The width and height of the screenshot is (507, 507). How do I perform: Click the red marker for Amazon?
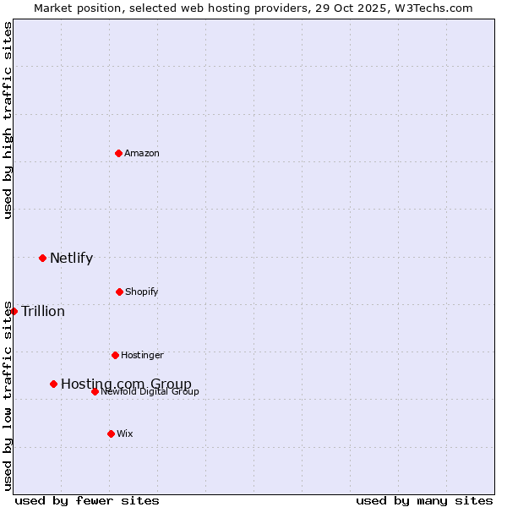pos(118,153)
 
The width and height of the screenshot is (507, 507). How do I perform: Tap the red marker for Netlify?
pos(42,258)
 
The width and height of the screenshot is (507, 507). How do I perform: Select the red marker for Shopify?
pos(119,292)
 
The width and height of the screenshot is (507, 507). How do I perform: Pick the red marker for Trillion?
pos(14,311)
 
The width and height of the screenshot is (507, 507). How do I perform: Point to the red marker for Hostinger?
pos(115,355)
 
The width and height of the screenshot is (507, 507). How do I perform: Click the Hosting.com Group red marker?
pos(53,384)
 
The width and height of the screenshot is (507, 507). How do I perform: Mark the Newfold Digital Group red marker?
pos(95,391)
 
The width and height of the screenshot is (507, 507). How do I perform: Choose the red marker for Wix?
pos(111,433)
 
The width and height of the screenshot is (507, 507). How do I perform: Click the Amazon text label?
pos(142,153)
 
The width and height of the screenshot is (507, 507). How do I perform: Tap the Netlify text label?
pos(71,258)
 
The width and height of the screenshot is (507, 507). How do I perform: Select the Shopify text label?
pos(141,292)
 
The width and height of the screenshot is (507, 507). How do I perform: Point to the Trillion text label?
pos(43,311)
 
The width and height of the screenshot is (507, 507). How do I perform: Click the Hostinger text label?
pos(142,355)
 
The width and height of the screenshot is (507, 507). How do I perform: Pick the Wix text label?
pos(125,433)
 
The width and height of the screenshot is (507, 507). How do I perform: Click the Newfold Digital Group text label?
pos(150,391)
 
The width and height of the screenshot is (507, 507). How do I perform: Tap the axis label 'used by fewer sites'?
pos(87,500)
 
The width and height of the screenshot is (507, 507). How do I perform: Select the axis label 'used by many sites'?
pos(424,500)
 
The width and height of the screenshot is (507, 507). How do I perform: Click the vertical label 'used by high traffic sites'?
pos(8,120)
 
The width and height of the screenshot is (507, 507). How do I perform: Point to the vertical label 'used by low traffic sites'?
pos(8,395)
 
